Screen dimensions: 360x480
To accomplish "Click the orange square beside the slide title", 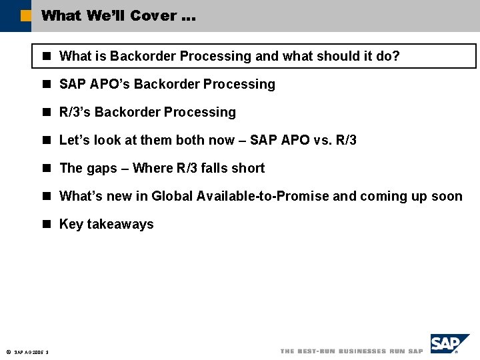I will pyautogui.click(x=25, y=15).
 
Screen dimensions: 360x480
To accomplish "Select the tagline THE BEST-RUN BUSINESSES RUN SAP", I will pyautogui.click(x=351, y=351).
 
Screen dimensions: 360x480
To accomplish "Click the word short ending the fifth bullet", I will pyautogui.click(x=248, y=168).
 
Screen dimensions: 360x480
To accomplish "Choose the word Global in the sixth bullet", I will pyautogui.click(x=171, y=196).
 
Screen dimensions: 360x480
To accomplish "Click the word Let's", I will pyautogui.click(x=73, y=140).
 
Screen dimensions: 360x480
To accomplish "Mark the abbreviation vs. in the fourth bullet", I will pyautogui.click(x=323, y=140).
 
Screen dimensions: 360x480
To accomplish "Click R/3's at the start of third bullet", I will pyautogui.click(x=75, y=112).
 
